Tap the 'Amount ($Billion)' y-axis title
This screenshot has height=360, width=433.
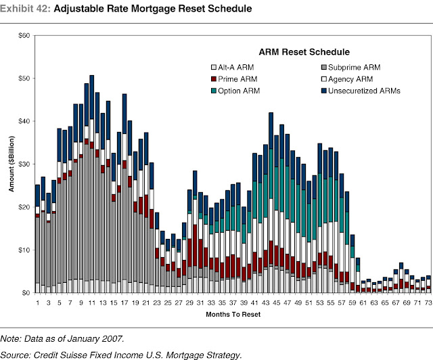12,164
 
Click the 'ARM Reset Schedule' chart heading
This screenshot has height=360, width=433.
303,52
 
